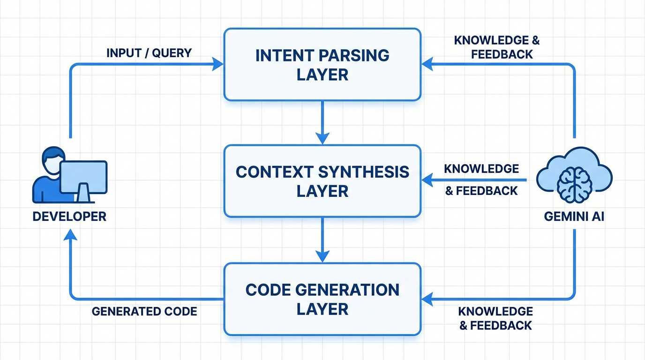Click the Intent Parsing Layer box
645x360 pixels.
(x=322, y=65)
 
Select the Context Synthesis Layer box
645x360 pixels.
(x=322, y=181)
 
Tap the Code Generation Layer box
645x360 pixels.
(x=322, y=299)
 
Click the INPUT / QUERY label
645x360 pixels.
(x=149, y=53)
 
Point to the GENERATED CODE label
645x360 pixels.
(x=144, y=311)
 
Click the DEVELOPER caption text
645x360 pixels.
(x=69, y=217)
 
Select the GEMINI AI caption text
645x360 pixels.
(x=574, y=217)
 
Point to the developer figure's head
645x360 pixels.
(x=53, y=157)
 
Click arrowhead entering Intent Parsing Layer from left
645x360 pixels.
(x=218, y=64)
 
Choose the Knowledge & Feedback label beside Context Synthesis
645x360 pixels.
(x=481, y=180)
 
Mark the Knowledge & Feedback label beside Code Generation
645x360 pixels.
(x=495, y=318)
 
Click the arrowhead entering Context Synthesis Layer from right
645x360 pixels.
(x=427, y=180)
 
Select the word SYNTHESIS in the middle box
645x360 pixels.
(x=364, y=172)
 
